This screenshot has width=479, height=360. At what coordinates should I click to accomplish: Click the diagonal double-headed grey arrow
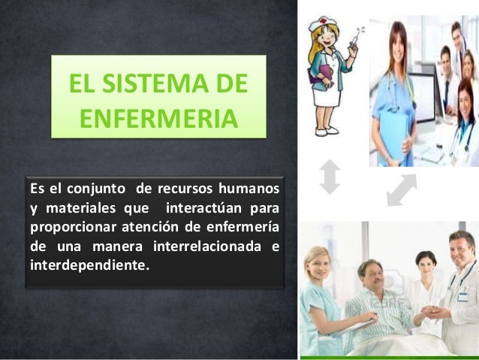pyautogui.click(x=402, y=189)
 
